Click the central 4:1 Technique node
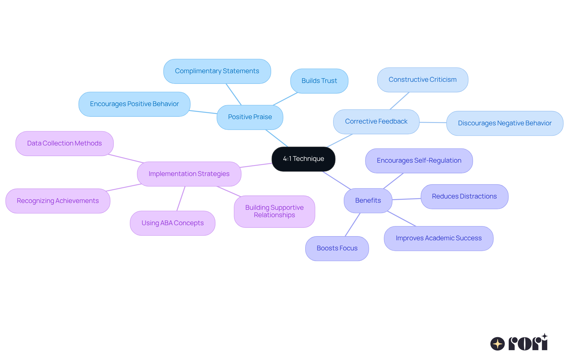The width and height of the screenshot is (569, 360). point(303,159)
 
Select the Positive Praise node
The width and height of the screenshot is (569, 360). point(250,117)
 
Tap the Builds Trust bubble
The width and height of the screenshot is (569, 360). point(319,81)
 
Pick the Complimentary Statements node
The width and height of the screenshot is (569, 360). point(217,71)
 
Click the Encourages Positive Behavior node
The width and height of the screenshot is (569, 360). point(134,104)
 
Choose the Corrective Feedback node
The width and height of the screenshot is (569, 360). point(376,121)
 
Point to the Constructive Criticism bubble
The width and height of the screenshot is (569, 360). point(422,80)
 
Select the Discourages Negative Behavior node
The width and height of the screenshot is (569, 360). point(504,123)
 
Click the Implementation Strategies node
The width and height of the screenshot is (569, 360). point(189,174)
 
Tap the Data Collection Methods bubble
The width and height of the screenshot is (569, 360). point(64,143)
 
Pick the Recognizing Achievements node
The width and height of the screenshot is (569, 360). point(58,201)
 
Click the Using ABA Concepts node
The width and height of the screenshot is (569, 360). point(172,223)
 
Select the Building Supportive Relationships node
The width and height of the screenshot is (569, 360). point(274,211)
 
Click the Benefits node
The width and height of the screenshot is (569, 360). point(368,201)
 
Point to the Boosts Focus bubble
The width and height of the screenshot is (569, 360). point(337,248)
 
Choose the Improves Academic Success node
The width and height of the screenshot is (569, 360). point(438,238)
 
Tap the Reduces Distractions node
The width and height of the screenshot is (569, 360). point(464,196)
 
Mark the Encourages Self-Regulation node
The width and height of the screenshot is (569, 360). point(419,161)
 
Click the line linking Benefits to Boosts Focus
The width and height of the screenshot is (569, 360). point(353,225)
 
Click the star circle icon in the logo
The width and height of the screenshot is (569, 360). point(497,344)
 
